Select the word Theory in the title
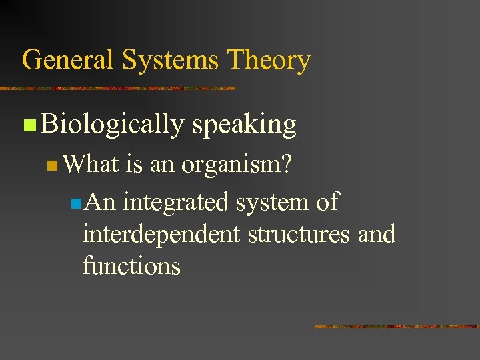[269, 61]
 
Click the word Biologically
[111, 125]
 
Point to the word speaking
[244, 125]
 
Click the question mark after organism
[285, 164]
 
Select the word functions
[131, 266]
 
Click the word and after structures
[377, 234]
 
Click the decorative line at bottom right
[396, 327]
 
